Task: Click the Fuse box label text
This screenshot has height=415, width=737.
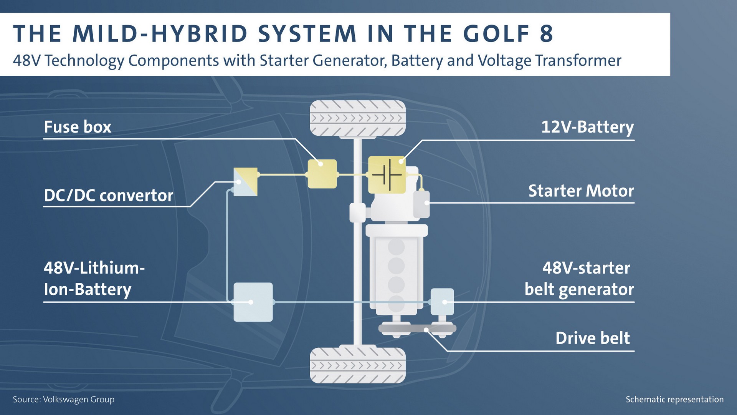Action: coord(78,127)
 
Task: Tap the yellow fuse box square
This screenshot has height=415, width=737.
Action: coord(322,174)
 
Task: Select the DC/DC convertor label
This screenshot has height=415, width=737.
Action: coord(108,196)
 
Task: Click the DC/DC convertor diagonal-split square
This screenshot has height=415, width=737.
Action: coord(246,182)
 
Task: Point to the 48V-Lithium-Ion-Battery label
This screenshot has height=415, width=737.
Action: coord(94,279)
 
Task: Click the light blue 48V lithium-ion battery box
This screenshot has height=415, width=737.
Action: coord(253,302)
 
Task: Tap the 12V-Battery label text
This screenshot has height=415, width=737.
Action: coord(587,127)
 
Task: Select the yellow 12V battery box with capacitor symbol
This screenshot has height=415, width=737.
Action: coord(387,175)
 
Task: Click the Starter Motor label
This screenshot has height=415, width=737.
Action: coord(581,191)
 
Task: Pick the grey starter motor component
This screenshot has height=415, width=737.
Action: coord(421,204)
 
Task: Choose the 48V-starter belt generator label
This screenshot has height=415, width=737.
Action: coord(579,279)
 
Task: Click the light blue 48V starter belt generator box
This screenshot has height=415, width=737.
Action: coord(442,302)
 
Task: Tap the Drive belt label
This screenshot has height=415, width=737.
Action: coord(593,339)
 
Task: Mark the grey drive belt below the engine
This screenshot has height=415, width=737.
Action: coord(417,329)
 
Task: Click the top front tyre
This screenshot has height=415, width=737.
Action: coord(357,118)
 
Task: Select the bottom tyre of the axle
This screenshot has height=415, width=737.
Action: coord(357,365)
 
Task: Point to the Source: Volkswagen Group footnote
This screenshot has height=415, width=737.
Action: coord(64,400)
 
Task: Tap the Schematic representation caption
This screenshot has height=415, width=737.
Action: coord(674,400)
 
